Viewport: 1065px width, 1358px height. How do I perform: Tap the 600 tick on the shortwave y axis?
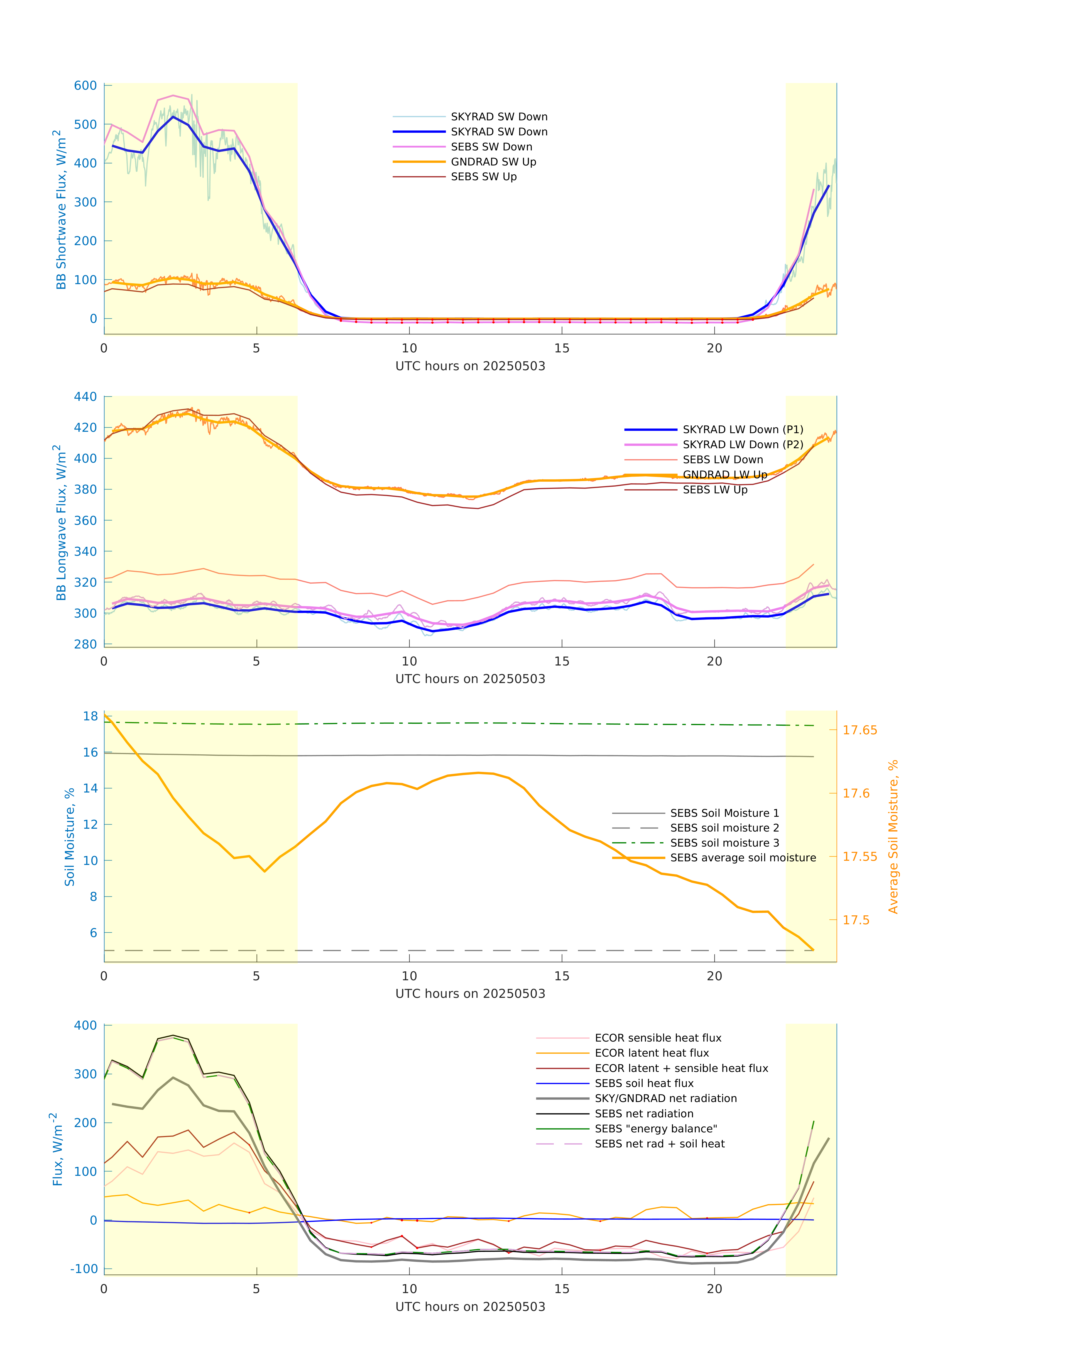coord(85,86)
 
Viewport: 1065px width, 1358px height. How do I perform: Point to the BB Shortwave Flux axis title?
coord(60,209)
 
